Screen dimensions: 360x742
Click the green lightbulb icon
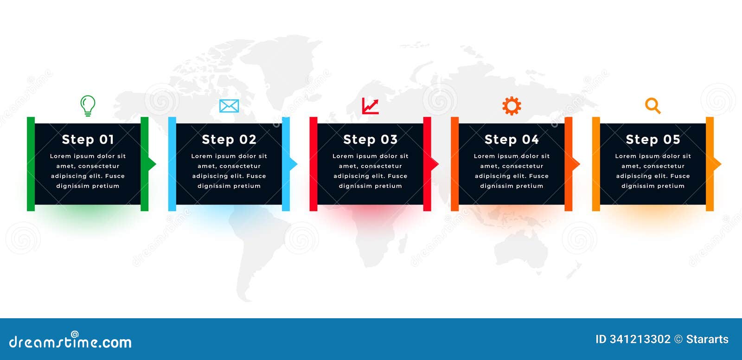pyautogui.click(x=88, y=105)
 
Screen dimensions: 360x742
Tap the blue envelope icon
pyautogui.click(x=229, y=106)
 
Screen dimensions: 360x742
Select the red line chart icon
pyautogui.click(x=370, y=106)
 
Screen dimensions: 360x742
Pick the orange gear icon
pyautogui.click(x=512, y=106)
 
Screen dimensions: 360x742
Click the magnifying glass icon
pyautogui.click(x=652, y=106)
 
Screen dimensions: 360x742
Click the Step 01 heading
pyautogui.click(x=88, y=139)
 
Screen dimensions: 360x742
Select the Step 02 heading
pyautogui.click(x=229, y=139)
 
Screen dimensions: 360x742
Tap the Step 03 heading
pyautogui.click(x=370, y=139)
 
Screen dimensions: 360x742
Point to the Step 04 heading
pyautogui.click(x=512, y=139)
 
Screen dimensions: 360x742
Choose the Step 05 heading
pyautogui.click(x=652, y=139)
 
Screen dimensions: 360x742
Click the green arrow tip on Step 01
pyautogui.click(x=152, y=164)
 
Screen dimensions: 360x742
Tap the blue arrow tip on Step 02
pyautogui.click(x=294, y=164)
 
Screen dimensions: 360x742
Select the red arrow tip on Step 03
pyautogui.click(x=435, y=164)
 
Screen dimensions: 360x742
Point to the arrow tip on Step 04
pyautogui.click(x=576, y=164)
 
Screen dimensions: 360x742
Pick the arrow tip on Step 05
pyautogui.click(x=717, y=164)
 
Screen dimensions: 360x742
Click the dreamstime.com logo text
pyautogui.click(x=70, y=342)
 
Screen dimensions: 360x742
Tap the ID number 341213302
pyautogui.click(x=640, y=339)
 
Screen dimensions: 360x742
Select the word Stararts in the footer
pyautogui.click(x=707, y=339)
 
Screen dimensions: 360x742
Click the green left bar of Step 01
pyautogui.click(x=31, y=164)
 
